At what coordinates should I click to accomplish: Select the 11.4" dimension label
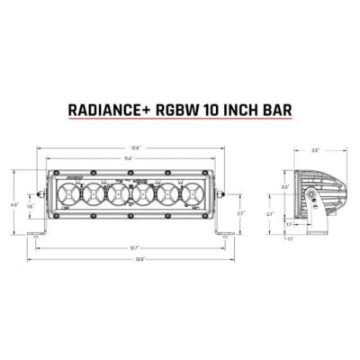coord(130,158)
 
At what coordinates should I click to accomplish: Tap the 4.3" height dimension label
coord(13,205)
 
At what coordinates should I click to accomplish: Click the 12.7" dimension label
coord(133,247)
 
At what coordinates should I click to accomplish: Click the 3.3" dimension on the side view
coord(284,186)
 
